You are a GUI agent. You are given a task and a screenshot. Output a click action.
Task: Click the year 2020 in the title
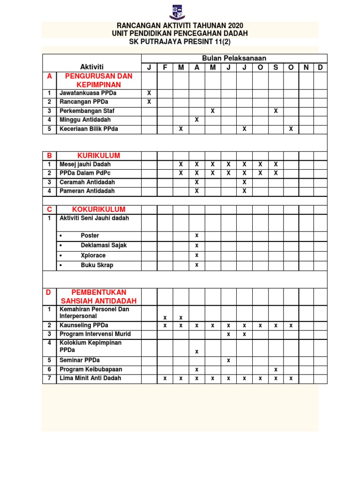pyautogui.click(x=235, y=25)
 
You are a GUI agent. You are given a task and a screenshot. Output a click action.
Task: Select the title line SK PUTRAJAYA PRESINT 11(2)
pyautogui.click(x=180, y=42)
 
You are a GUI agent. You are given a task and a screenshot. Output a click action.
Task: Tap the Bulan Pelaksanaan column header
pyautogui.click(x=234, y=58)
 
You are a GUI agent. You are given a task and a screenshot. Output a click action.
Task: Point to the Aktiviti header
pyautogui.click(x=92, y=67)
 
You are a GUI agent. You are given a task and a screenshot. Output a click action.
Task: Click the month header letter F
pyautogui.click(x=165, y=67)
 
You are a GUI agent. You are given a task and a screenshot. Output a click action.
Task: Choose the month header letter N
pyautogui.click(x=306, y=67)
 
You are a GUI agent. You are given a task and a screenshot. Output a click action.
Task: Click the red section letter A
pyautogui.click(x=49, y=76)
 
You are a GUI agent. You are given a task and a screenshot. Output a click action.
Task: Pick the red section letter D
pyautogui.click(x=48, y=292)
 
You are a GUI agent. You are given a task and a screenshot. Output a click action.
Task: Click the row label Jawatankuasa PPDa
pyautogui.click(x=88, y=93)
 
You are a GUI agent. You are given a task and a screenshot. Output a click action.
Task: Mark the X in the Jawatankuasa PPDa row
pyautogui.click(x=150, y=93)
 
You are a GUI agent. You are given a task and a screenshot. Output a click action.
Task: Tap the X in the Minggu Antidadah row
pyautogui.click(x=197, y=120)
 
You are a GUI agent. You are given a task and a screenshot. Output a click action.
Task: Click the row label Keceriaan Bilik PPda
pyautogui.click(x=89, y=129)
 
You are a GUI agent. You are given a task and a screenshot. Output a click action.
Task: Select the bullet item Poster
pyautogui.click(x=90, y=236)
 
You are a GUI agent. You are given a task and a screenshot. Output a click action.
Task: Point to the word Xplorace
pyautogui.click(x=93, y=255)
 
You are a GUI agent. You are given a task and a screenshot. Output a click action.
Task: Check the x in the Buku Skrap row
pyautogui.click(x=197, y=265)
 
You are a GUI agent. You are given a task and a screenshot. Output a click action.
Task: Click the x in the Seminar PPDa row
pyautogui.click(x=228, y=360)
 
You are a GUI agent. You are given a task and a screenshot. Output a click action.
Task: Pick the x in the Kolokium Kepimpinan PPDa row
pyautogui.click(x=197, y=351)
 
